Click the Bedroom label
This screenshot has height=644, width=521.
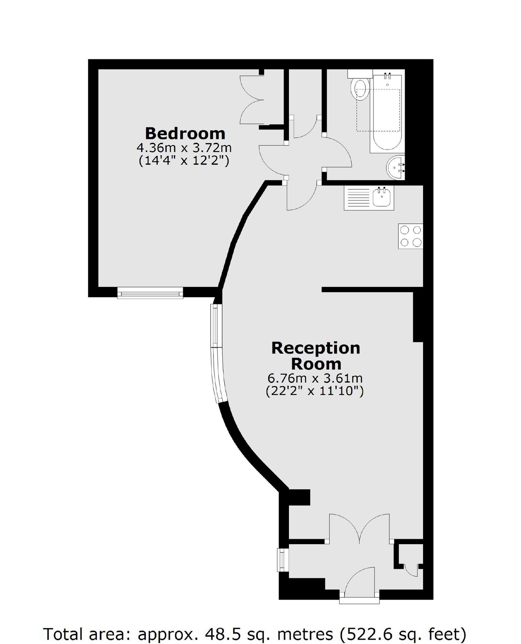[185, 133]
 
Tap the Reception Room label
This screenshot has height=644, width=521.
[315, 356]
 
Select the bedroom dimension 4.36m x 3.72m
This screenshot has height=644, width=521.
[184, 147]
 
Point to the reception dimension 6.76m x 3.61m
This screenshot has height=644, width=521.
[315, 378]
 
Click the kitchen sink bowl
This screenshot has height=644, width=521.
[382, 197]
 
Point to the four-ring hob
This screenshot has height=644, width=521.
[411, 236]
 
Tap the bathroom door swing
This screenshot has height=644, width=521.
[337, 152]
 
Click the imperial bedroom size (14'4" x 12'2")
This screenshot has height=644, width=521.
[184, 161]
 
